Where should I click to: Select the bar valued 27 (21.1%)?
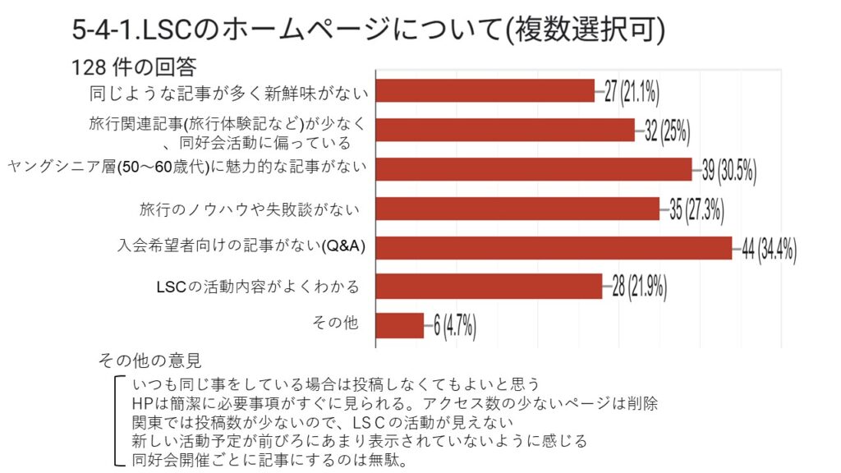click(x=485, y=90)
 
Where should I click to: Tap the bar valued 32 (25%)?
click(x=505, y=130)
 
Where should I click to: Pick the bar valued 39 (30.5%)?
click(x=534, y=169)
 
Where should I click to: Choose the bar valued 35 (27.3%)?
click(x=517, y=209)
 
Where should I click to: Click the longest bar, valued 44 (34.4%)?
click(x=554, y=248)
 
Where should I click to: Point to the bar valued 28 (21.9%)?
click(x=489, y=287)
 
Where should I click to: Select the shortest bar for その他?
click(x=400, y=325)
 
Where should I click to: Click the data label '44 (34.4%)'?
click(x=769, y=249)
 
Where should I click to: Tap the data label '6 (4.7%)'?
click(x=454, y=326)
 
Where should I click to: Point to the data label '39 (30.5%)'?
click(x=728, y=170)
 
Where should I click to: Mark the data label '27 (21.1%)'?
click(x=632, y=91)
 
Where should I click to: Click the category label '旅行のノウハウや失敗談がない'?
click(x=250, y=209)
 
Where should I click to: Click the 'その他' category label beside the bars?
click(x=335, y=323)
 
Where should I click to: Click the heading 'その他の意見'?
click(x=149, y=360)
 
